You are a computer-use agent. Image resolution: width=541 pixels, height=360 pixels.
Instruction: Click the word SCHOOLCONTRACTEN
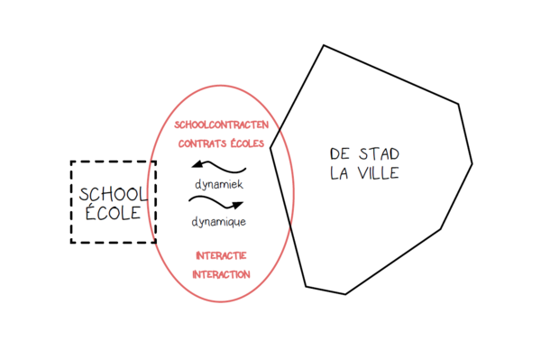(x=221, y=125)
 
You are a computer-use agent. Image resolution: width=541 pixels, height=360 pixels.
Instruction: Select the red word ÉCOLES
(x=247, y=143)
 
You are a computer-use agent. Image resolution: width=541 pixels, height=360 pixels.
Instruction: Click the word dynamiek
(x=219, y=184)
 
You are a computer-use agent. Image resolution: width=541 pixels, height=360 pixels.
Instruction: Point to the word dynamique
(x=219, y=222)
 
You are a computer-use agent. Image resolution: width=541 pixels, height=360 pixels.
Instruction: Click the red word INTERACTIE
(x=221, y=255)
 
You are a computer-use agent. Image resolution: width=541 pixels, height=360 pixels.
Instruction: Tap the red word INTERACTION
(x=221, y=275)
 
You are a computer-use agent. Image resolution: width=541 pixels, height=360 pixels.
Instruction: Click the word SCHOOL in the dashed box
(x=114, y=195)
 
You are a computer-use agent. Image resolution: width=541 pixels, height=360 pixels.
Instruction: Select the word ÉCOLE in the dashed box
(x=114, y=212)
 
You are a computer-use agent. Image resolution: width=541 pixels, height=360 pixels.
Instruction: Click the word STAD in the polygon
(x=379, y=154)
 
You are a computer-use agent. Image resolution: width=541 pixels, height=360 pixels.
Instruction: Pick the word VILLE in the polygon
(x=378, y=173)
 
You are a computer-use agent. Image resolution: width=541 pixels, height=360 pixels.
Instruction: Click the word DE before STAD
(x=340, y=154)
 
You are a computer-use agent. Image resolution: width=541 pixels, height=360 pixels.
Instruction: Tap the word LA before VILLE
(x=339, y=173)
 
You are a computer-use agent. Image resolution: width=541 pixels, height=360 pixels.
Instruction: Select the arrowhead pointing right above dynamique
(x=236, y=206)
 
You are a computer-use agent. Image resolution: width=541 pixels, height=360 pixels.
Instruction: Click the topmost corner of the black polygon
(x=324, y=45)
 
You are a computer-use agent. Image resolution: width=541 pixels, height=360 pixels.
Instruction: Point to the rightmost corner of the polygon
(x=472, y=164)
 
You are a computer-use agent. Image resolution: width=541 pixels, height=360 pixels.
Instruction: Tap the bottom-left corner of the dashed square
(x=71, y=243)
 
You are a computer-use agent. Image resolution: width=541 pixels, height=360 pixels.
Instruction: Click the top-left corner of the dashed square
(x=71, y=162)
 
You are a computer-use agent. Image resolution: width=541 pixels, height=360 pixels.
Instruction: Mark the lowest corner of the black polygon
(x=345, y=294)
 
